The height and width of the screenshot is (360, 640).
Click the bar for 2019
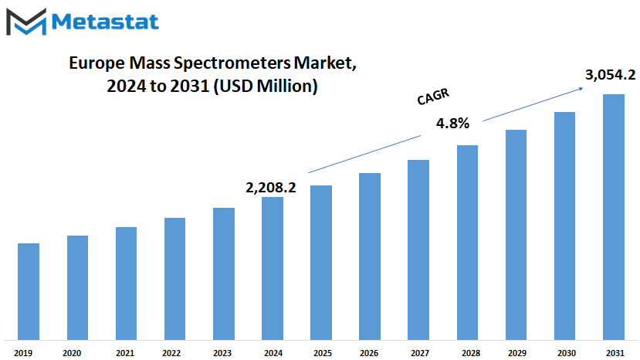click(x=29, y=291)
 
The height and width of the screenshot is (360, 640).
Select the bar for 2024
click(x=273, y=269)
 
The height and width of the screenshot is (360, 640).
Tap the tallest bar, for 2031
click(x=614, y=217)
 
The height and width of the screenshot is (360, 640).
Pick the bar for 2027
click(x=418, y=250)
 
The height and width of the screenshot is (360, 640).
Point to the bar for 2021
click(x=126, y=284)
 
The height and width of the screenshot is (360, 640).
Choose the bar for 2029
click(x=516, y=235)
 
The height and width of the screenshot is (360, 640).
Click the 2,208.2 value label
click(x=271, y=188)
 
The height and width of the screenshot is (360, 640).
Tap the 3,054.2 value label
click(x=610, y=75)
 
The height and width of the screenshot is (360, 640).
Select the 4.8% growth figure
click(x=452, y=123)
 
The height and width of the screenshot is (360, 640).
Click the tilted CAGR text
click(x=433, y=97)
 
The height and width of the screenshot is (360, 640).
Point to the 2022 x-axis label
click(x=171, y=353)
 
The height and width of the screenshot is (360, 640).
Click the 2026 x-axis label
click(x=369, y=353)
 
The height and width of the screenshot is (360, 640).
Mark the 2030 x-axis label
click(x=567, y=353)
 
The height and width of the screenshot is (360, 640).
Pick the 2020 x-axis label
click(x=72, y=353)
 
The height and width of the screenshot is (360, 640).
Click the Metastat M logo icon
click(x=26, y=22)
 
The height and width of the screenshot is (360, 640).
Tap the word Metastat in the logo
click(x=105, y=22)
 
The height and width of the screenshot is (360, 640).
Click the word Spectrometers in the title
click(x=232, y=63)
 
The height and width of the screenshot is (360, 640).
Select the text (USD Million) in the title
click(x=266, y=87)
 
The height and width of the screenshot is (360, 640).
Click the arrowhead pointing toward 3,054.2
click(x=580, y=89)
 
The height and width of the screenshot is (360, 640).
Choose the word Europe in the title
click(x=97, y=63)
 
